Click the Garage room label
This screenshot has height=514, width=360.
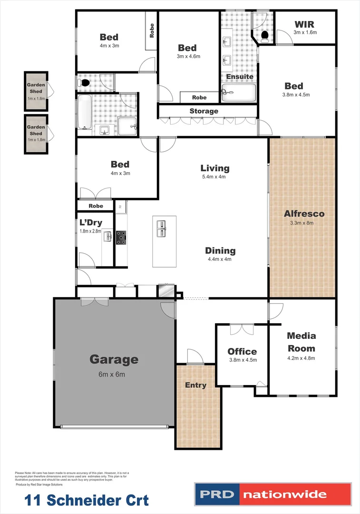coord(114,360)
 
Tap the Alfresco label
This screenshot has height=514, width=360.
coord(297,214)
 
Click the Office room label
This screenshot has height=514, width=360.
coord(242,352)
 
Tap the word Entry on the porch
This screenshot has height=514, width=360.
coord(195,385)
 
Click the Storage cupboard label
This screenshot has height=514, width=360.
coord(204,111)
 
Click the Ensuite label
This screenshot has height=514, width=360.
coord(239,77)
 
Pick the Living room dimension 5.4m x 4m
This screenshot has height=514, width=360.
coord(214,177)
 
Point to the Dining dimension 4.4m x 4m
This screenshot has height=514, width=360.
coord(220,259)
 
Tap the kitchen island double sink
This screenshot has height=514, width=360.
coord(161,229)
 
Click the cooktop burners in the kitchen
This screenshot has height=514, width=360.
coord(121,237)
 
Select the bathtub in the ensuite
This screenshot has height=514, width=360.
coord(239,93)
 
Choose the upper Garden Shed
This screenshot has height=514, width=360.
coord(36,91)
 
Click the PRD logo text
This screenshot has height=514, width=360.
coord(216,494)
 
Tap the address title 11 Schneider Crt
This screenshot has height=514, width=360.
coord(87,500)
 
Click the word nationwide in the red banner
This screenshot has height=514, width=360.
coord(285,494)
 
